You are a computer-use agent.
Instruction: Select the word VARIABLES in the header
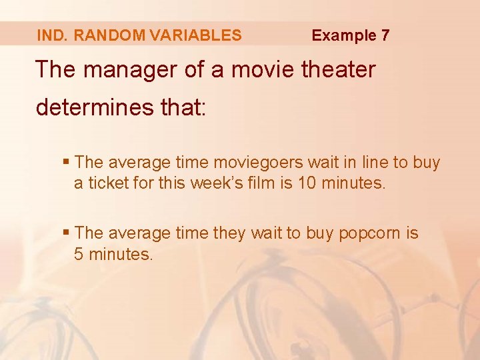tap(193, 35)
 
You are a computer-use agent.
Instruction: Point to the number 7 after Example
tap(385, 35)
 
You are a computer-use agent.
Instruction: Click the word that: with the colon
tap(181, 107)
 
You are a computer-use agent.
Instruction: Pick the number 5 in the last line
tap(79, 254)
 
